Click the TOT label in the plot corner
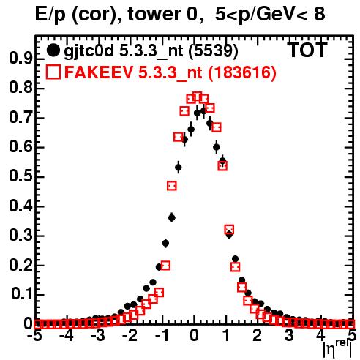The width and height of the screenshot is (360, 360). click(x=307, y=50)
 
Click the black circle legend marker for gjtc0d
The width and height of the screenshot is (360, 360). click(x=53, y=50)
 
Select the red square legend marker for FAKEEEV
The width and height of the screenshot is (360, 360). click(x=53, y=72)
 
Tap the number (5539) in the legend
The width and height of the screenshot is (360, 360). click(x=213, y=50)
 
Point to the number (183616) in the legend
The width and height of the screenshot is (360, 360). click(x=241, y=72)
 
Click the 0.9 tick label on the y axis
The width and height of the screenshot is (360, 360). click(x=20, y=59)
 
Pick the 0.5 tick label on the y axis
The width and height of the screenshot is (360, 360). click(x=20, y=177)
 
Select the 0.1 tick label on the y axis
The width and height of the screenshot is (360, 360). click(x=21, y=295)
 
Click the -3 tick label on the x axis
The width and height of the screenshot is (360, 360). click(x=98, y=336)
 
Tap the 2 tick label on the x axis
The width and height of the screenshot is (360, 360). click(x=258, y=336)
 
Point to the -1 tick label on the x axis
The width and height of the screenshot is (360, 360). click(x=162, y=336)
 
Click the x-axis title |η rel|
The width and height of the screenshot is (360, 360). click(x=338, y=349)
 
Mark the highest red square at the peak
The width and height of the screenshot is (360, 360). click(x=198, y=97)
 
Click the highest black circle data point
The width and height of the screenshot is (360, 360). click(x=203, y=111)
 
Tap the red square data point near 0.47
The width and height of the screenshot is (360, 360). click(x=172, y=186)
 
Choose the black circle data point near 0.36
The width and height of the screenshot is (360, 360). click(x=172, y=217)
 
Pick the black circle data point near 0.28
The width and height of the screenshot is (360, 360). click(x=165, y=243)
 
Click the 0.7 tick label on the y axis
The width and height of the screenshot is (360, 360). click(x=20, y=118)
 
